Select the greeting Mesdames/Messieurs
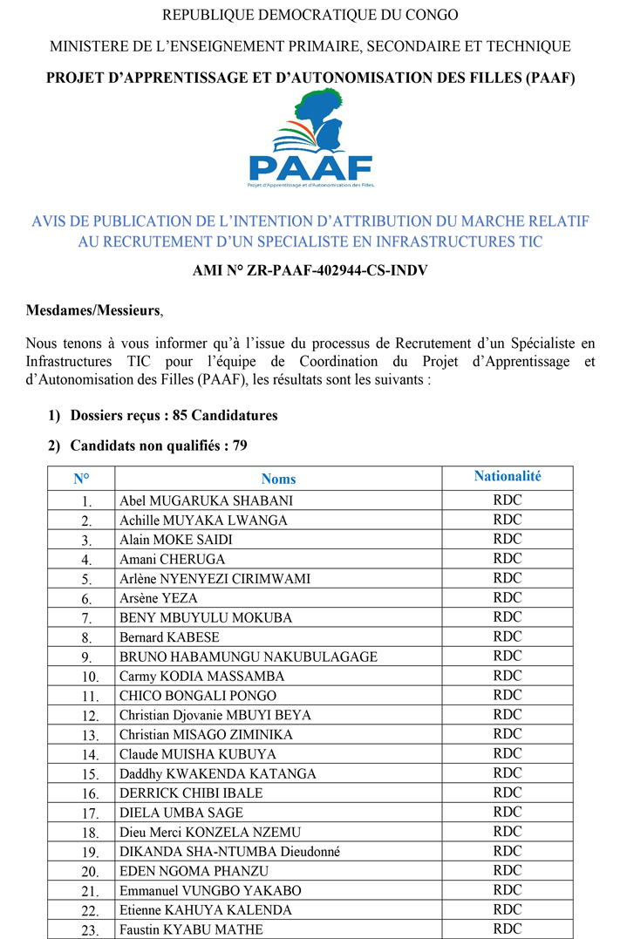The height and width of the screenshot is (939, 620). point(93,310)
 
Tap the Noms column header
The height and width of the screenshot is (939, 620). point(278,479)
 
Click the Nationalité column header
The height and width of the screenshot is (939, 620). point(508,476)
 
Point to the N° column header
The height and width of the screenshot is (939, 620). point(81,479)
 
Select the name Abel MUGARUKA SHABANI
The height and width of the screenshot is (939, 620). point(206,500)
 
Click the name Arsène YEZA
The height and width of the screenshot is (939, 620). point(158,598)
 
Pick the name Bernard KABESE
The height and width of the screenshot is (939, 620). point(170,637)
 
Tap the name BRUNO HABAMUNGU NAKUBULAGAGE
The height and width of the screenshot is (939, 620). point(249,657)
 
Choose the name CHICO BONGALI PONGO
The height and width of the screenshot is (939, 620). point(198,696)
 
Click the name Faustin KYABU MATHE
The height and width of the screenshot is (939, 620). point(191,929)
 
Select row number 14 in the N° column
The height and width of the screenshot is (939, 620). point(90,755)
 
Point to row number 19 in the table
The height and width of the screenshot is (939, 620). point(90,853)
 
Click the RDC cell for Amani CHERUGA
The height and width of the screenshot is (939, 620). point(508,559)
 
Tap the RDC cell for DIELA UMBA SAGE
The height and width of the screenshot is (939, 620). point(508,813)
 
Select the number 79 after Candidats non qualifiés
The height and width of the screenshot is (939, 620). point(239,446)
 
